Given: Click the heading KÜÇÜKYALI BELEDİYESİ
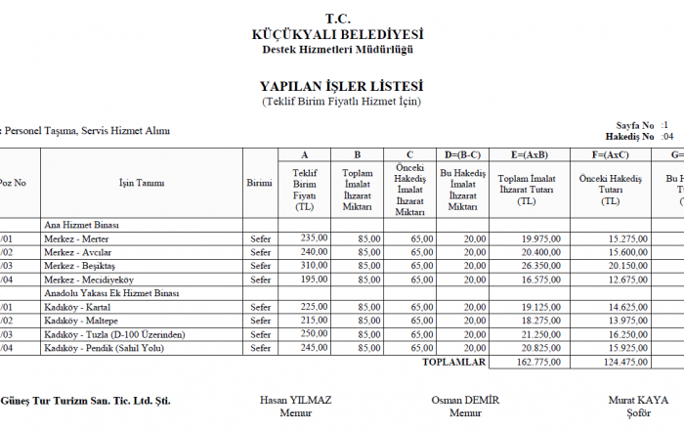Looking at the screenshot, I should (x=337, y=34).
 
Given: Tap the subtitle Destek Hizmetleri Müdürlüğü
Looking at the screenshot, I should (x=337, y=49).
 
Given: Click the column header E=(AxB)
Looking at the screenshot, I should (x=528, y=154).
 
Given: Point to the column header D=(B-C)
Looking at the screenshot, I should (x=462, y=154).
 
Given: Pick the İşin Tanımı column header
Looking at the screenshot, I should (x=142, y=183).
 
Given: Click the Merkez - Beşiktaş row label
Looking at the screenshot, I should (x=79, y=265).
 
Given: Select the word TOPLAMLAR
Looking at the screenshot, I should (x=453, y=362).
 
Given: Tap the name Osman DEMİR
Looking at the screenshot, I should (x=465, y=401).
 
